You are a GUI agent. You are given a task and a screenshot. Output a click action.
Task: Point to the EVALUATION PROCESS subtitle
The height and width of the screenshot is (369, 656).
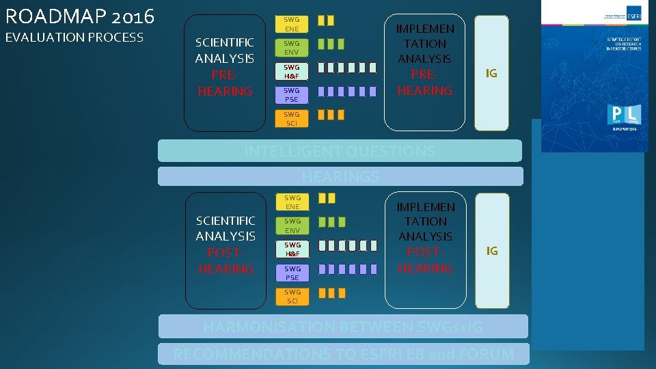[74, 38]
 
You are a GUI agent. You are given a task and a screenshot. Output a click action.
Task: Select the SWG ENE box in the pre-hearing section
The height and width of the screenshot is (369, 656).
[292, 25]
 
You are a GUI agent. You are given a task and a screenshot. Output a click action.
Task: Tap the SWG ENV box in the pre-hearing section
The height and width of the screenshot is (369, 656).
[292, 48]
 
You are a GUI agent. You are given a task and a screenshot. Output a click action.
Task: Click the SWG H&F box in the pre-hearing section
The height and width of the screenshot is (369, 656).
[292, 71]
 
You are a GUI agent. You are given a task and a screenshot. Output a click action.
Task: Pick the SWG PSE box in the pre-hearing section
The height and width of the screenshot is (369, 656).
[292, 94]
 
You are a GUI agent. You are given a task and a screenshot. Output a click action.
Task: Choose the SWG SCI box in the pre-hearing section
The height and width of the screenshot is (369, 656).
[292, 118]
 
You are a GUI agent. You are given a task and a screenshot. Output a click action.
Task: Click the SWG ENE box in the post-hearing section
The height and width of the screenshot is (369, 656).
[292, 202]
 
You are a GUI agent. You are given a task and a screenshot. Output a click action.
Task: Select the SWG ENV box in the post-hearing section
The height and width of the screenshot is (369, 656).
[292, 225]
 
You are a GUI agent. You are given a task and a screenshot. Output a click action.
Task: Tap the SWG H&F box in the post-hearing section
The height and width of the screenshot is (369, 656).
[292, 249]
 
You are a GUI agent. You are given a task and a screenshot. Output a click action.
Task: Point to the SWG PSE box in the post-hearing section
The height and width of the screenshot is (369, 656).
[292, 273]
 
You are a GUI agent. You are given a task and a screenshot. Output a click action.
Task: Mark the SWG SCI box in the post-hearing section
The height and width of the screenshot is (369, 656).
[292, 296]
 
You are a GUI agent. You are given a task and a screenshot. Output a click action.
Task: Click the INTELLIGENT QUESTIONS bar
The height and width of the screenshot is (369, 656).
[340, 151]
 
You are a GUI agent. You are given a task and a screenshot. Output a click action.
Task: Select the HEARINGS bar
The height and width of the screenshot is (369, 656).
[340, 176]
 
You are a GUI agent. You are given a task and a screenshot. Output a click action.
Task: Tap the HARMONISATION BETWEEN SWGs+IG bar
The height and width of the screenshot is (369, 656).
[343, 327]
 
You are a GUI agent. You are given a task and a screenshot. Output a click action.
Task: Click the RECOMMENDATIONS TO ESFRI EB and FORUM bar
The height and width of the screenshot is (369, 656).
[343, 354]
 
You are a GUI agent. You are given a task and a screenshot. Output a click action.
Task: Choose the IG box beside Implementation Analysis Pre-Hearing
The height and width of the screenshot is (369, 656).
[491, 72]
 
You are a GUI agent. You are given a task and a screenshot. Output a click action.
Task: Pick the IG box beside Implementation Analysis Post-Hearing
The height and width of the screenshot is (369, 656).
[491, 251]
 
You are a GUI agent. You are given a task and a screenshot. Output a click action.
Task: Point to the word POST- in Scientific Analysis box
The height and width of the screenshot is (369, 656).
[225, 252]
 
